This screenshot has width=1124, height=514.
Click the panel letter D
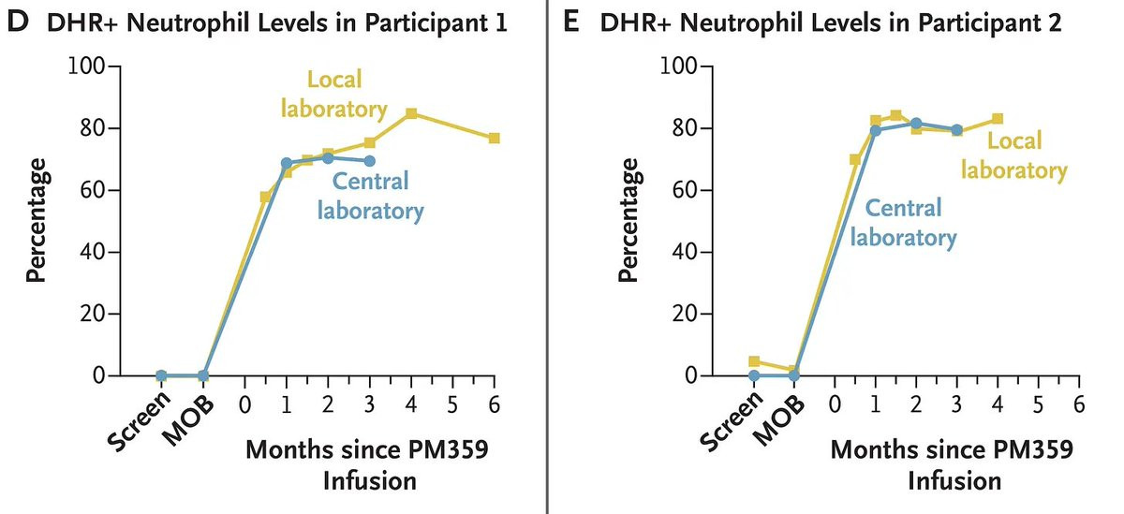click(x=16, y=22)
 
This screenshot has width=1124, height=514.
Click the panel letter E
click(x=575, y=22)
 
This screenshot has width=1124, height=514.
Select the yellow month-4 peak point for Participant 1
click(x=411, y=113)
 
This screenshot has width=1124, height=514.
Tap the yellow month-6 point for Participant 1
click(x=494, y=138)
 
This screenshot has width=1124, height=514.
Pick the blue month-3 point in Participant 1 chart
click(x=370, y=161)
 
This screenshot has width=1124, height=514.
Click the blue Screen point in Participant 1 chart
click(x=161, y=375)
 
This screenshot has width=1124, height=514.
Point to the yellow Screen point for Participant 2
click(x=753, y=361)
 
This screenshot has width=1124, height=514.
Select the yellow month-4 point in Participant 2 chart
click(x=998, y=119)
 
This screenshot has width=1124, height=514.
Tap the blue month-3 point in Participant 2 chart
click(x=956, y=130)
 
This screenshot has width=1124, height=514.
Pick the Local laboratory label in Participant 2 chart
click(x=1014, y=155)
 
